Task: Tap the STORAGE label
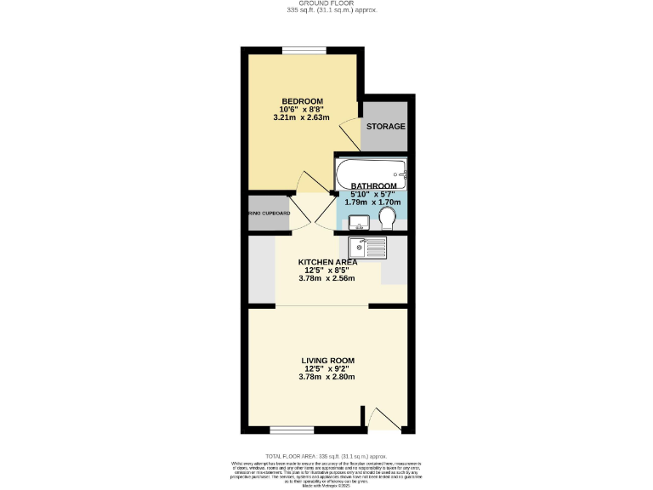point(385,127)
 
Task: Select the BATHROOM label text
point(374,186)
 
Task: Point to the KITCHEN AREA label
point(327,262)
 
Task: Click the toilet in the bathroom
point(389,220)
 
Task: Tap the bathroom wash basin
point(359,223)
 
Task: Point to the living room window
point(287,429)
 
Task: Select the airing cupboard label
point(270,214)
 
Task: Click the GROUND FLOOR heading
point(326,3)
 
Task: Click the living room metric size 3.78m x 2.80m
point(327,377)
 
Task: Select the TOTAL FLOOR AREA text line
point(326,457)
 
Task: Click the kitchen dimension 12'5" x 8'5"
point(327,270)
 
